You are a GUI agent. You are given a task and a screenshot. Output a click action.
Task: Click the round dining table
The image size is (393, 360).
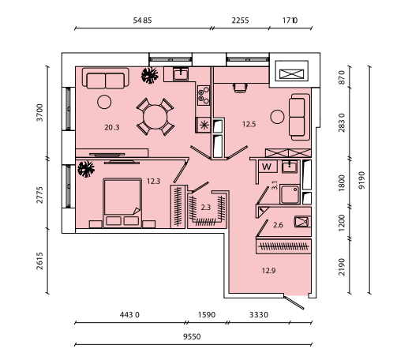click(x=155, y=117)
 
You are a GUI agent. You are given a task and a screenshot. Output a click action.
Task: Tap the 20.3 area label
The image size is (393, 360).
click(x=112, y=127)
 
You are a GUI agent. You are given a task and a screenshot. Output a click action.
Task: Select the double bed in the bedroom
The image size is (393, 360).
click(x=122, y=203)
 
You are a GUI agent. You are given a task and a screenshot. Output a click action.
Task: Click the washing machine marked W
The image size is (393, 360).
click(x=267, y=167)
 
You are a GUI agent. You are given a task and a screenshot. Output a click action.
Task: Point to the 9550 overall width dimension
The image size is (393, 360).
click(x=192, y=336)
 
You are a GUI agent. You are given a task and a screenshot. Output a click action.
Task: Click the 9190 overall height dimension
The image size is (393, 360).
click(x=362, y=180)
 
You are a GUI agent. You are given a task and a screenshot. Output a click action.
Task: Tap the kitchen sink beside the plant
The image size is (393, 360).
click(x=181, y=74)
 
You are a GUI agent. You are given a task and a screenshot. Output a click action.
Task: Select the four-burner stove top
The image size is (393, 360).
click(x=204, y=95)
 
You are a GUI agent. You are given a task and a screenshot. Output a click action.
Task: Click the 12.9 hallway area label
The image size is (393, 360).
click(x=268, y=271)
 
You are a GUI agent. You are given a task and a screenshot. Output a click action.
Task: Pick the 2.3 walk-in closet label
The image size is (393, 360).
click(x=206, y=208)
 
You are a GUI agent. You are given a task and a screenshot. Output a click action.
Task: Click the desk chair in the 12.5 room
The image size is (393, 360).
click(x=240, y=88)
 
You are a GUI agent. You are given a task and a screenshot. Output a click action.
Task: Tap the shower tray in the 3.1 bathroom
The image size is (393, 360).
click(x=290, y=194)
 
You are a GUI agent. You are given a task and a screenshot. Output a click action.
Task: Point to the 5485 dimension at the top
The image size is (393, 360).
click(x=142, y=21)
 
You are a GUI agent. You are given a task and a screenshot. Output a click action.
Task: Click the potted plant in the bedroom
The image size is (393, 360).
click(x=86, y=169)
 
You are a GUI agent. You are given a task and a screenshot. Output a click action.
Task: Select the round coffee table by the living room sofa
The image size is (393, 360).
click(x=104, y=102)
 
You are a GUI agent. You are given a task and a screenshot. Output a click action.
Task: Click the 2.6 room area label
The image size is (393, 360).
click(x=278, y=225)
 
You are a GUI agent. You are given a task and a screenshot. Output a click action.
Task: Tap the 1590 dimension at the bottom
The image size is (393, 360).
click(x=207, y=315)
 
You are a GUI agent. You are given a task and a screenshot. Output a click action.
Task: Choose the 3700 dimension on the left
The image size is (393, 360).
click(x=39, y=113)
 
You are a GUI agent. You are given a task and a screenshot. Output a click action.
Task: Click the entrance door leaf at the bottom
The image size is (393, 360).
click(x=294, y=302)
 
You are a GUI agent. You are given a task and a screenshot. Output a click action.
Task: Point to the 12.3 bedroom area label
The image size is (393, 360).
click(x=153, y=182)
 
